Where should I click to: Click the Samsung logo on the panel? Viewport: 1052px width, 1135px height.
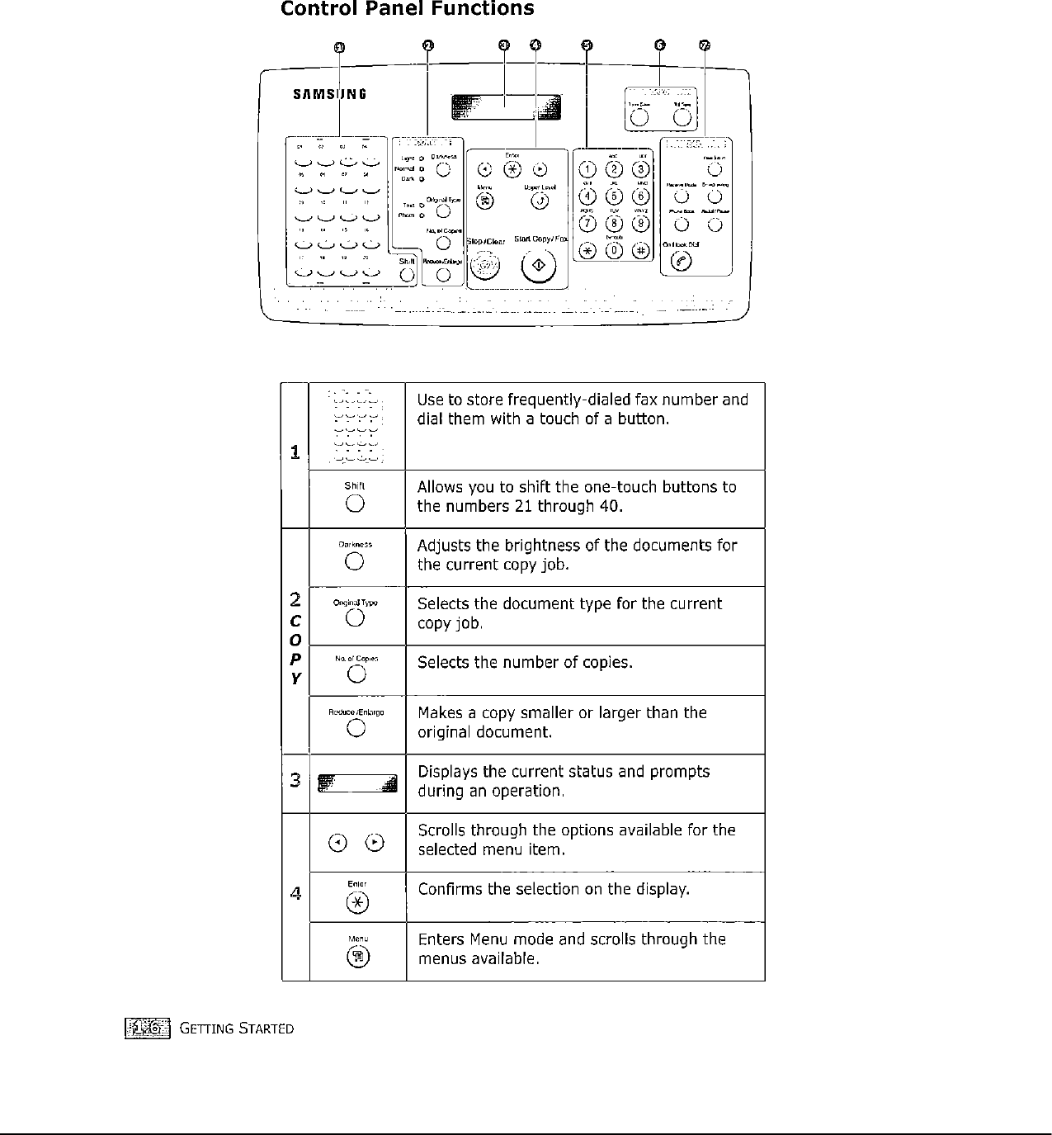(x=330, y=93)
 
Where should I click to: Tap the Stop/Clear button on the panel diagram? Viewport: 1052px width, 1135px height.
(x=486, y=266)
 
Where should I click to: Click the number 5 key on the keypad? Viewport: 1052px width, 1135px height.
(x=614, y=196)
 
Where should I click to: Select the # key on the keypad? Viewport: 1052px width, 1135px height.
(x=640, y=251)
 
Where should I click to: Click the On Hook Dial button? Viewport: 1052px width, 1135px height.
(x=682, y=261)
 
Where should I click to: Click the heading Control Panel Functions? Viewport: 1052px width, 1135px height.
(x=407, y=10)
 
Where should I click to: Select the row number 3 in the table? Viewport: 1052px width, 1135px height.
(x=295, y=780)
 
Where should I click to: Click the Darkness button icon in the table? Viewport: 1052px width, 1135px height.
(x=355, y=562)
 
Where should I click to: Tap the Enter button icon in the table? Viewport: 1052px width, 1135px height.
(x=356, y=903)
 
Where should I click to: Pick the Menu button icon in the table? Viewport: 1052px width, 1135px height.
(x=357, y=957)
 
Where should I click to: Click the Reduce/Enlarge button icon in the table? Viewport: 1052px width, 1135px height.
(x=356, y=728)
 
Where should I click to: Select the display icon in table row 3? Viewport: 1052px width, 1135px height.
(x=357, y=783)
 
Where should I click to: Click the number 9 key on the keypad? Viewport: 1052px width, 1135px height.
(x=640, y=224)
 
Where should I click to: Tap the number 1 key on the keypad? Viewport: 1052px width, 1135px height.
(x=587, y=170)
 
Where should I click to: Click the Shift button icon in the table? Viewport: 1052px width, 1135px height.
(x=355, y=504)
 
